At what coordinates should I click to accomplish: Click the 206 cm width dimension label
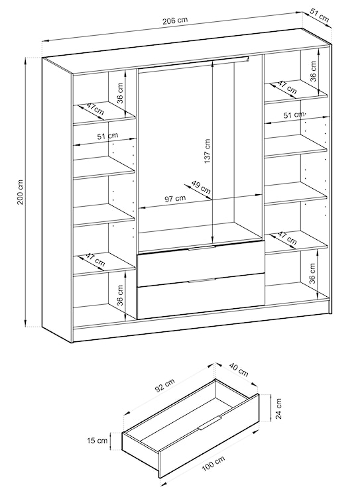click(175, 21)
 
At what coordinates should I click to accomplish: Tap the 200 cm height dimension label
click(21, 192)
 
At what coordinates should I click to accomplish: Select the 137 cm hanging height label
click(207, 151)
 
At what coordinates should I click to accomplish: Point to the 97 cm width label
click(175, 199)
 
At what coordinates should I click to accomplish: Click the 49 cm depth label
click(201, 187)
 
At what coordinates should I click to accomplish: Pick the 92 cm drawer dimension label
click(164, 386)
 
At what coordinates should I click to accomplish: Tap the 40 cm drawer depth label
click(239, 370)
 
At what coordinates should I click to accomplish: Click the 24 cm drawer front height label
click(278, 409)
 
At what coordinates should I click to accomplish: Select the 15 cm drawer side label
click(97, 441)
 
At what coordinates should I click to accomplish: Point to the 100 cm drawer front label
click(213, 465)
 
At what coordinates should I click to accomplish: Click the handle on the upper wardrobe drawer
click(202, 248)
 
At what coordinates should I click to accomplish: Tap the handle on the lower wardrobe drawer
click(202, 280)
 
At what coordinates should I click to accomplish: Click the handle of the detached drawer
click(210, 423)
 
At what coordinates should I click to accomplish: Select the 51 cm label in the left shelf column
click(107, 137)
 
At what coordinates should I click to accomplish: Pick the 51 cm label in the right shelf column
click(294, 115)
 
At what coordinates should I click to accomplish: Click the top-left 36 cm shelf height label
click(119, 93)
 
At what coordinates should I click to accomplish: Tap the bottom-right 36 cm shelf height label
click(312, 273)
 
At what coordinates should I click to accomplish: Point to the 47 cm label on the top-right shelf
click(287, 87)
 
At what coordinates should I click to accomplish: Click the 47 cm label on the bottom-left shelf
click(95, 260)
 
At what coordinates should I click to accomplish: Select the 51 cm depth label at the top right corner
click(320, 17)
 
